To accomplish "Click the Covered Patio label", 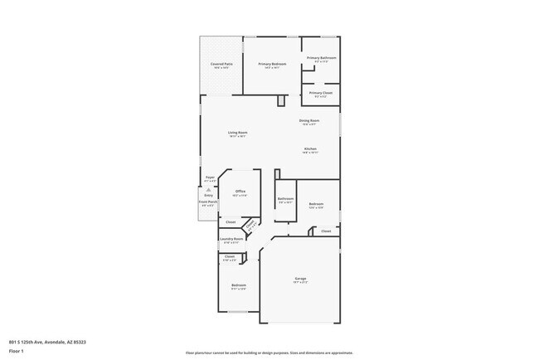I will point(221,64).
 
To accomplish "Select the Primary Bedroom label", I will point(271,64).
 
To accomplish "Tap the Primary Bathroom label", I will point(322,58).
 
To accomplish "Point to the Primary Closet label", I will point(321,93).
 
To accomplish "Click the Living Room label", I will point(238,133).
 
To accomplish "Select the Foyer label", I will point(211,177).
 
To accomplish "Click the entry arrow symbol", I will point(208,189).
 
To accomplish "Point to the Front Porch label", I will point(207,202).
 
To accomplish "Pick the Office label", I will point(240,192).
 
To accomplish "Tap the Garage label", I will point(299,278).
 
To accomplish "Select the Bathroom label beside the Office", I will point(285,198).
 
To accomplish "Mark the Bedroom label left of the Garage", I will point(238,285).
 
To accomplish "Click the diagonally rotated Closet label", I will point(250,224).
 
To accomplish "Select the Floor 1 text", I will point(17,351).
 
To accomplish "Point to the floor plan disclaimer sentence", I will point(269,352).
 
